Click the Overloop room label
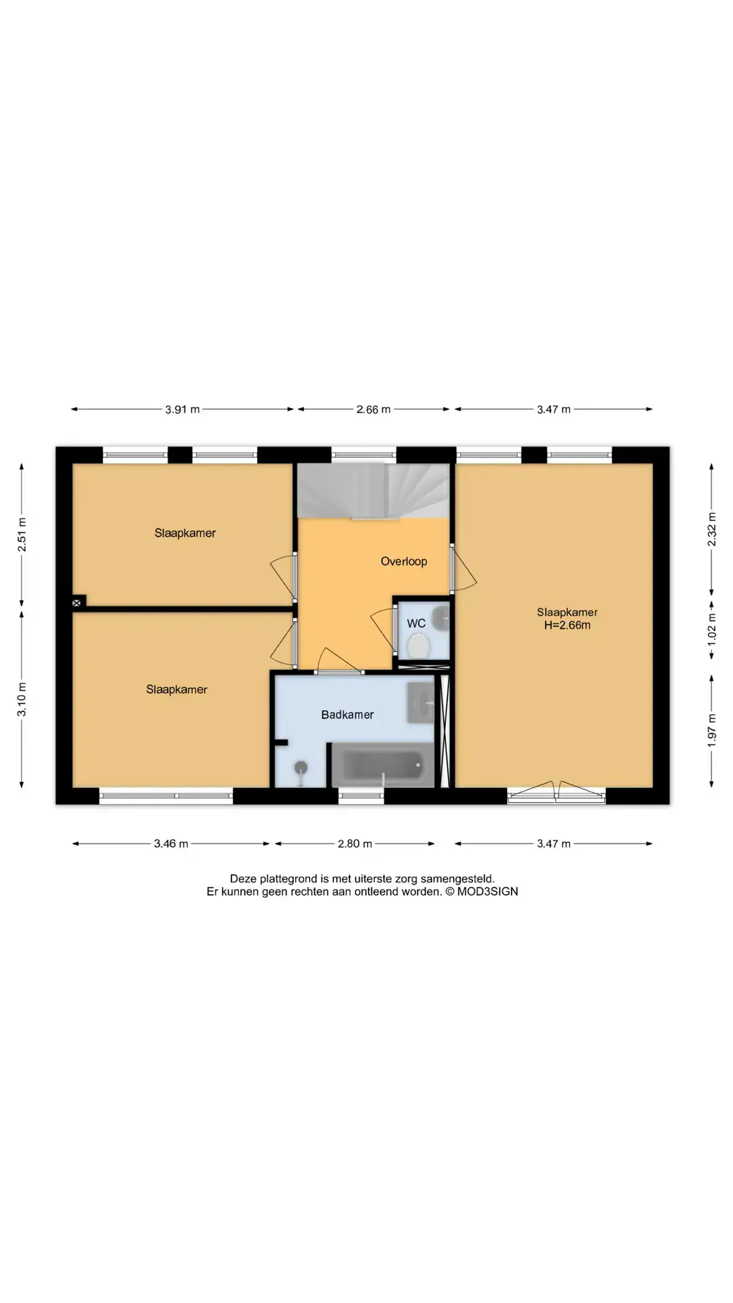pyautogui.click(x=404, y=561)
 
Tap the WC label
pyautogui.click(x=416, y=623)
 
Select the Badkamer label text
pyautogui.click(x=347, y=715)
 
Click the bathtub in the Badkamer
pyautogui.click(x=382, y=765)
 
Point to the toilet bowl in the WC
pyautogui.click(x=419, y=645)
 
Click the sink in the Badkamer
pyautogui.click(x=420, y=703)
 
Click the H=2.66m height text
pyautogui.click(x=567, y=625)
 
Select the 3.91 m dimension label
pyautogui.click(x=183, y=409)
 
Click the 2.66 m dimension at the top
pyautogui.click(x=373, y=409)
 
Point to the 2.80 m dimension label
pyautogui.click(x=355, y=844)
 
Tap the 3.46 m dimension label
pyautogui.click(x=171, y=844)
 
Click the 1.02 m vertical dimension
pyautogui.click(x=712, y=630)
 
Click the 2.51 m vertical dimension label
pyautogui.click(x=22, y=535)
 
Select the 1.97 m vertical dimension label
pyautogui.click(x=712, y=731)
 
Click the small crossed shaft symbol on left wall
pyautogui.click(x=77, y=602)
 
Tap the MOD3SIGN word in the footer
pyautogui.click(x=487, y=892)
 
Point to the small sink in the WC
pyautogui.click(x=440, y=618)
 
